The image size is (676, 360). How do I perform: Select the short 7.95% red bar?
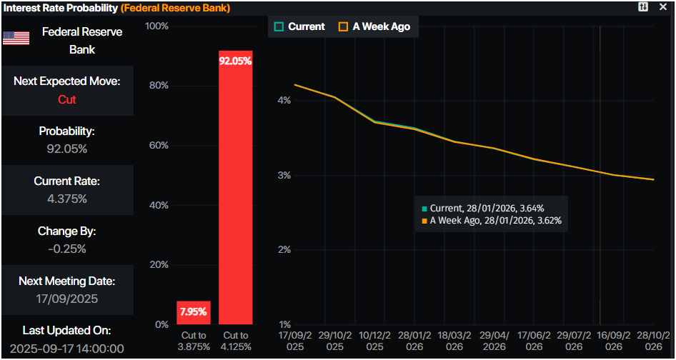193,312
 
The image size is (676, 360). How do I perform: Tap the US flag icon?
16,39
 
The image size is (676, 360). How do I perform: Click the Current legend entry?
299,26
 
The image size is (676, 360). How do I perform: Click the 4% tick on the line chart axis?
284,101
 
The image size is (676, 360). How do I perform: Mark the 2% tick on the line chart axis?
284,250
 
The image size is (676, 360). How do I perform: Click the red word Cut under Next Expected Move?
67,99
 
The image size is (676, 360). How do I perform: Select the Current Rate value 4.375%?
67,199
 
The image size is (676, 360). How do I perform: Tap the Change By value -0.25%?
67,249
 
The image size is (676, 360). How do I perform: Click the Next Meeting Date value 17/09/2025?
67,299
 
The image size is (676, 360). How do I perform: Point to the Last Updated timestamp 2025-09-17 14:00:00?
67,349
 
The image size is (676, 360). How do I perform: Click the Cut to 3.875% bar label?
193,341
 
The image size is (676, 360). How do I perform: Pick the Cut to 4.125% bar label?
235,341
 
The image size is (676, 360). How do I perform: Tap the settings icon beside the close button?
643,7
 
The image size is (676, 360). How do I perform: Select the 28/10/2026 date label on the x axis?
653,341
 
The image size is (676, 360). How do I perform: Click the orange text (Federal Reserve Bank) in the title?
175,8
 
